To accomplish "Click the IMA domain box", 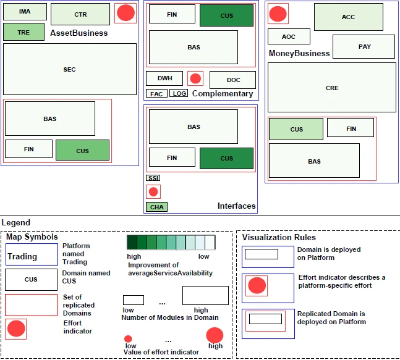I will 24,12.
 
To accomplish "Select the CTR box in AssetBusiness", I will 80,14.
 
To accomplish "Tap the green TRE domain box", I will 23,32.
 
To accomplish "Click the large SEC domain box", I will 69,69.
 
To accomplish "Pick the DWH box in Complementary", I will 164,78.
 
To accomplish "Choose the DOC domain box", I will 233,80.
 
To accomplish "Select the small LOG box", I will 179,94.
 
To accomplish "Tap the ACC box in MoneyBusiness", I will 348,17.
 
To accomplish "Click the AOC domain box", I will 289,36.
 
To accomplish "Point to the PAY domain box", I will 364,47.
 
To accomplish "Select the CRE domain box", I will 332,88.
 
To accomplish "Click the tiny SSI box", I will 153,178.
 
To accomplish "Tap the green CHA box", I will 156,207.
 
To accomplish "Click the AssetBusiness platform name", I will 79,33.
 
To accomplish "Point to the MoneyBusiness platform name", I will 299,54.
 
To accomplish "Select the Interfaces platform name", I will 236,206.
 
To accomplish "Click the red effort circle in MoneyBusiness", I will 278,14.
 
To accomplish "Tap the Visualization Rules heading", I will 279,237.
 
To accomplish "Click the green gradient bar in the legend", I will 171,242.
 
